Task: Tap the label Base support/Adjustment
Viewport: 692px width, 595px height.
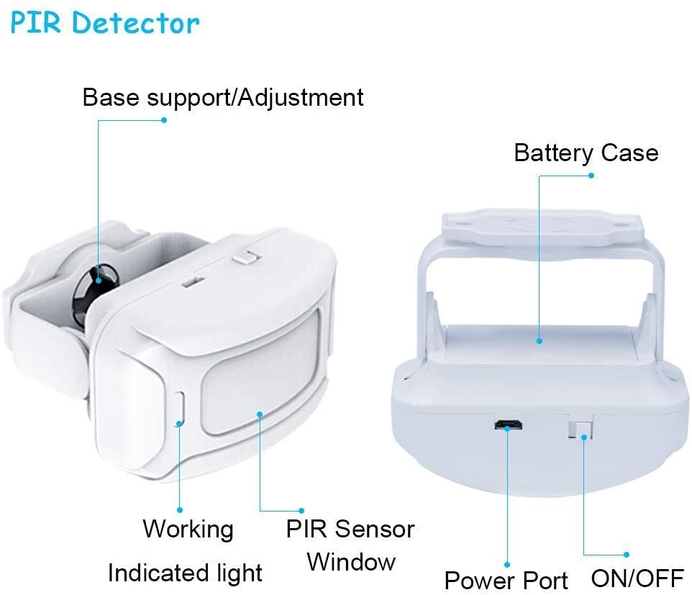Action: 223,97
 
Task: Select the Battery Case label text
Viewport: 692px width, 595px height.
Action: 586,153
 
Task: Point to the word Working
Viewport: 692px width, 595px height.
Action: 188,529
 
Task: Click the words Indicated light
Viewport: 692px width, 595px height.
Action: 185,573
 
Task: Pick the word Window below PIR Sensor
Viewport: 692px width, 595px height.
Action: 351,562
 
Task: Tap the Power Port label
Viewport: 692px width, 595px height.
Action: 506,580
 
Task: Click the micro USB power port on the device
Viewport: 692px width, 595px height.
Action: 509,425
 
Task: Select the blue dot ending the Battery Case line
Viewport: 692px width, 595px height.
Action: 591,175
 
